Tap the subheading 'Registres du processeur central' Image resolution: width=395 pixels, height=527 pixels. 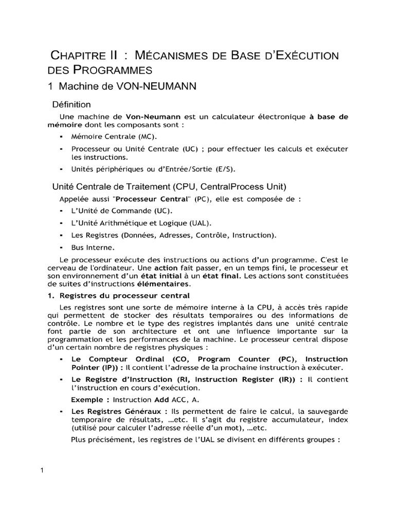coord(124,296)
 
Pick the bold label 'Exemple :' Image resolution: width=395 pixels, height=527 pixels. coord(90,399)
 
